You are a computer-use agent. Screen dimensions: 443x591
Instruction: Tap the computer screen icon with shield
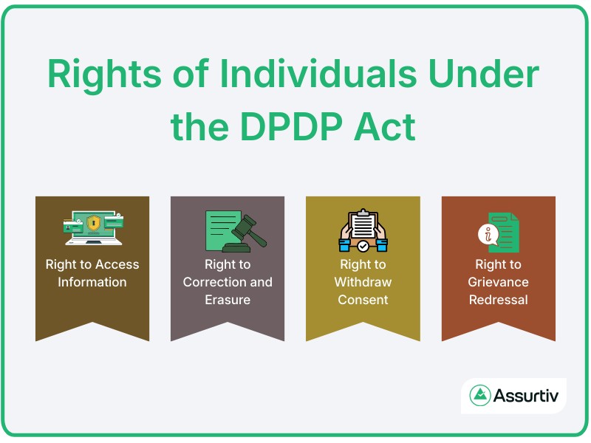coord(92,227)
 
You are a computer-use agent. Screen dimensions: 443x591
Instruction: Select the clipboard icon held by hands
coord(363,227)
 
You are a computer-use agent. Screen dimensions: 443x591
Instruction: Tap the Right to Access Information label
coord(92,273)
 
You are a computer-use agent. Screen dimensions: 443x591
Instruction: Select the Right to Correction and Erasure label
coord(228,282)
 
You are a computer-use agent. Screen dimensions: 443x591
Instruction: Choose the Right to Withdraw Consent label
coord(363,282)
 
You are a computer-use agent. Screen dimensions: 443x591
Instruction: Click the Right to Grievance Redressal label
coord(498,282)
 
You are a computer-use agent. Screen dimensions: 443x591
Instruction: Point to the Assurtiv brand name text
coord(527,395)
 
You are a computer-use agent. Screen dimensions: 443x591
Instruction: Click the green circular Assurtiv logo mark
coord(481,395)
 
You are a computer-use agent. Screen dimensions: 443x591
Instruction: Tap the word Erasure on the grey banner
coord(228,300)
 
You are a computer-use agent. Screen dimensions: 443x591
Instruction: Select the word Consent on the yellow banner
coord(363,300)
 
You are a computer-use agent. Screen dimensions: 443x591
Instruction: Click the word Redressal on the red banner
coord(498,300)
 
